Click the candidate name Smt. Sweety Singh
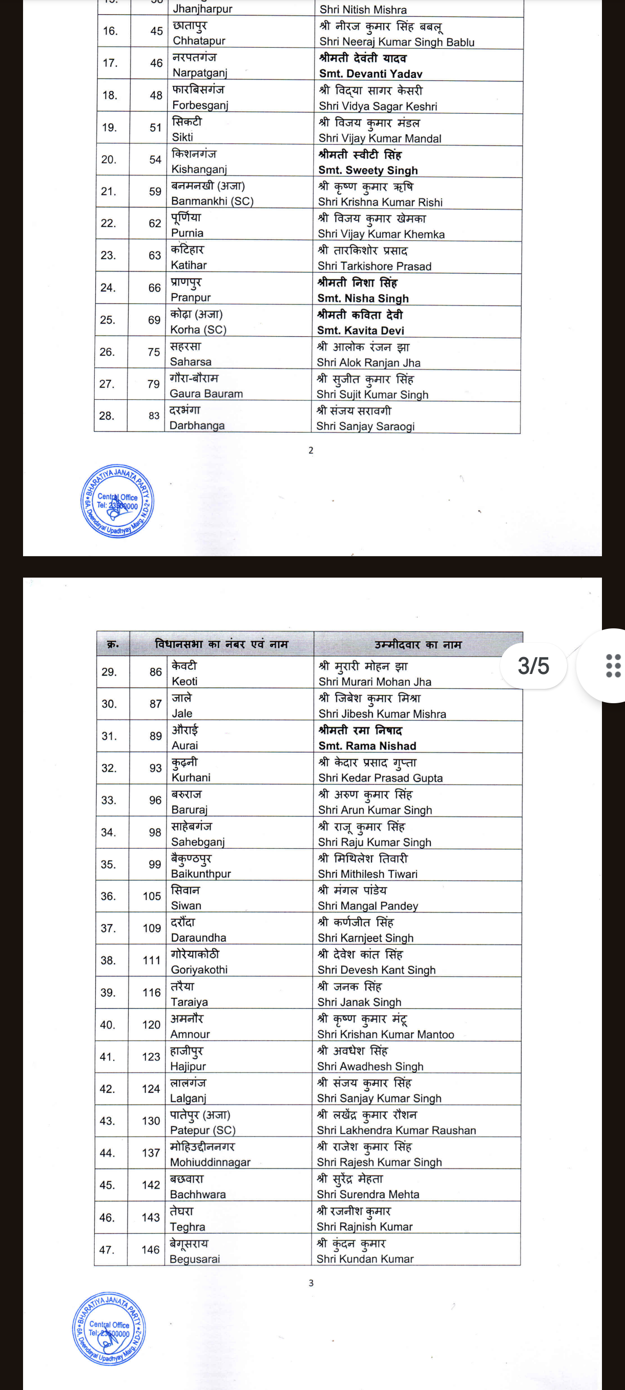point(368,170)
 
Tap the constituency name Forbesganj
point(200,105)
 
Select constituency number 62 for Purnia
point(155,223)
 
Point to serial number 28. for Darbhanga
point(107,416)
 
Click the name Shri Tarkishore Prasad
point(374,266)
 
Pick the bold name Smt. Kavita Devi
point(360,330)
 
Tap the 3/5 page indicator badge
point(533,666)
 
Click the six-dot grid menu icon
point(613,666)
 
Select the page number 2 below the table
point(310,450)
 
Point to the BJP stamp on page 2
point(117,501)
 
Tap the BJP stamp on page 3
point(110,1328)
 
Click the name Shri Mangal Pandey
point(368,906)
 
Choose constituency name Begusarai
point(195,1259)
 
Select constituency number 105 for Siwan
point(152,896)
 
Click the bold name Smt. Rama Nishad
point(367,746)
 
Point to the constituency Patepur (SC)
point(203,1130)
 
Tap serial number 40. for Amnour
point(107,1025)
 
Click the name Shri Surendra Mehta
point(368,1195)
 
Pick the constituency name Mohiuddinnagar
point(211,1162)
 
